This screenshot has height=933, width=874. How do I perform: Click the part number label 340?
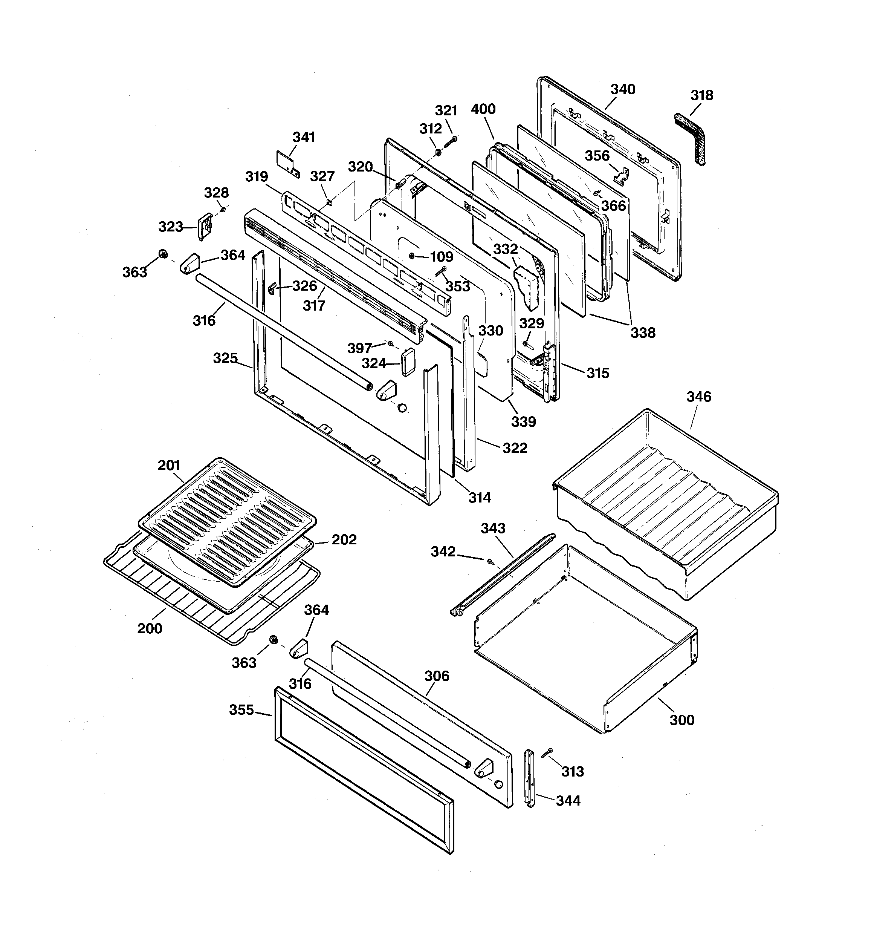point(623,89)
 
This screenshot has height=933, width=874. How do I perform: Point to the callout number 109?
point(442,257)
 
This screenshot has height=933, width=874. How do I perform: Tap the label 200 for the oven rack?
point(150,628)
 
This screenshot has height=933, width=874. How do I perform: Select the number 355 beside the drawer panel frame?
point(241,710)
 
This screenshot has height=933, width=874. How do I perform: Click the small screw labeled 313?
point(547,752)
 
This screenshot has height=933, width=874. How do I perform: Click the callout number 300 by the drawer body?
point(681,720)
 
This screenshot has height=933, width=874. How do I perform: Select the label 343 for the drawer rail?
point(493,528)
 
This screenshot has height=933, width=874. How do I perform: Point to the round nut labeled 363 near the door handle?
point(163,254)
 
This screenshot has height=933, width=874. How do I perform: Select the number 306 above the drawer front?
point(436,676)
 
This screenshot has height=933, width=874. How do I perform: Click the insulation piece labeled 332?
point(526,287)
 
